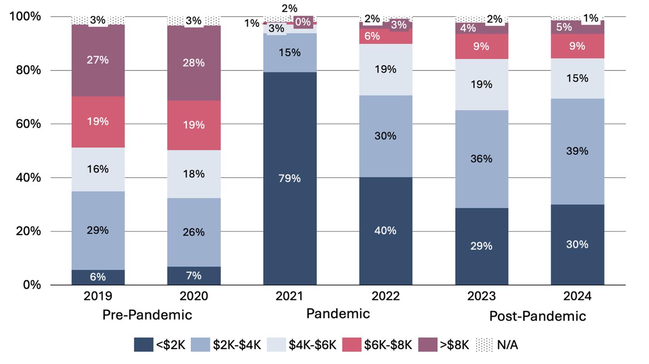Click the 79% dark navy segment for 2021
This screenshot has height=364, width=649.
290,178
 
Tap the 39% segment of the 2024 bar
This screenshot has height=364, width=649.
577,151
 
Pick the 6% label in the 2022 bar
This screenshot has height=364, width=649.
372,36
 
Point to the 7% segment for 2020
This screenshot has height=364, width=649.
194,276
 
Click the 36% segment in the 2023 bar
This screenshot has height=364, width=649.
482,159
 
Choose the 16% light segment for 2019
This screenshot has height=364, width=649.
98,169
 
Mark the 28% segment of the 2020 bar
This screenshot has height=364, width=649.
194,63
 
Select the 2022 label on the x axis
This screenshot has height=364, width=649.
386,296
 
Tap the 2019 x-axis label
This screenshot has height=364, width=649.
98,296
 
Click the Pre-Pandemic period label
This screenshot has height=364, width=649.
147,315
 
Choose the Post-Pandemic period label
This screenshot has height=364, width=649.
537,316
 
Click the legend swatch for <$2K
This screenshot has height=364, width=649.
143,345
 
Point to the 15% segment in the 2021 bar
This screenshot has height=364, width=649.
290,53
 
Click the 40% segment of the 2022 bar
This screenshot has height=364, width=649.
386,231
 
